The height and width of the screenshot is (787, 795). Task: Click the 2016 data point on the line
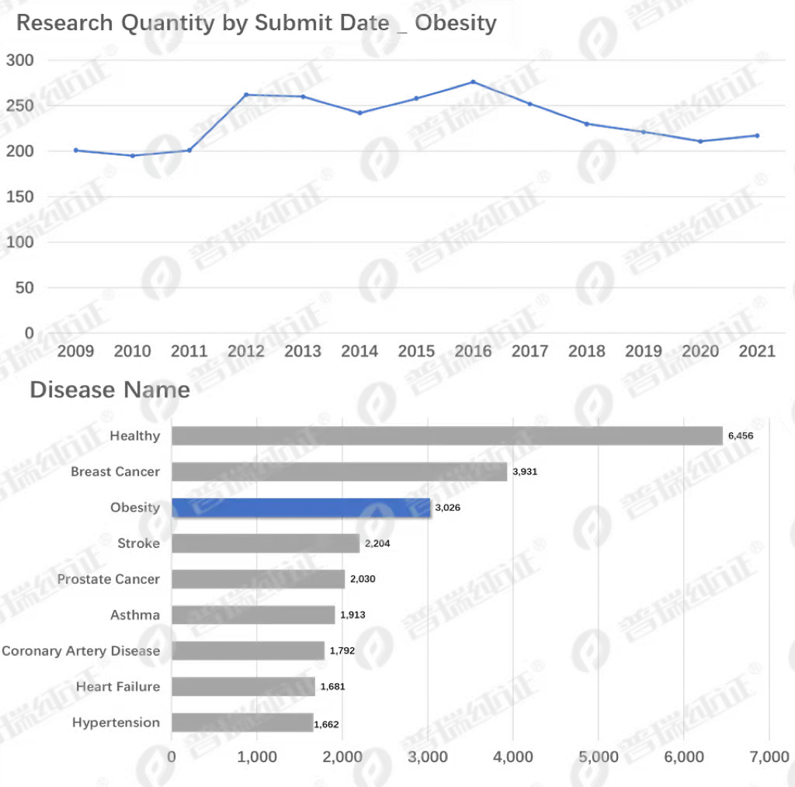pos(473,81)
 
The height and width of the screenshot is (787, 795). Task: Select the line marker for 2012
pos(246,95)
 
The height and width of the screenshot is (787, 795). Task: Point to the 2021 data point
pos(757,135)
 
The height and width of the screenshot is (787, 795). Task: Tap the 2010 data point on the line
pos(132,155)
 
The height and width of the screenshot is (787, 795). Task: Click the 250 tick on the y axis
pos(19,106)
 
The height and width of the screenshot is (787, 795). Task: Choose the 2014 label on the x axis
pos(359,351)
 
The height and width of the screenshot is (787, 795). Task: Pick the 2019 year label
pos(644,351)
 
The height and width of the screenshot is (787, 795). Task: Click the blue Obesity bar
pos(301,508)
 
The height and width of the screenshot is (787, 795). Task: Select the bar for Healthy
pos(447,436)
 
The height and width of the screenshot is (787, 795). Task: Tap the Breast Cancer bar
pos(339,472)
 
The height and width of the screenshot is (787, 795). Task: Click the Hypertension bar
pos(242,723)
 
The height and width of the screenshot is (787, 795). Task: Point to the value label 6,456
pos(740,436)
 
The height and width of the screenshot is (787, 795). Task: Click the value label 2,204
pos(377,544)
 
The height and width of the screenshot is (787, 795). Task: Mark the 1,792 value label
pos(342,650)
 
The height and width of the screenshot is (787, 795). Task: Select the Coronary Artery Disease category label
pos(81,651)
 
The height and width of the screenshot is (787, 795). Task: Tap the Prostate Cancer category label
pos(109,579)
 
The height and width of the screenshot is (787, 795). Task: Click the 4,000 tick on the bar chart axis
pos(512,757)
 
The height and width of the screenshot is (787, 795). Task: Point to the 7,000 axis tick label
pos(769,757)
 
